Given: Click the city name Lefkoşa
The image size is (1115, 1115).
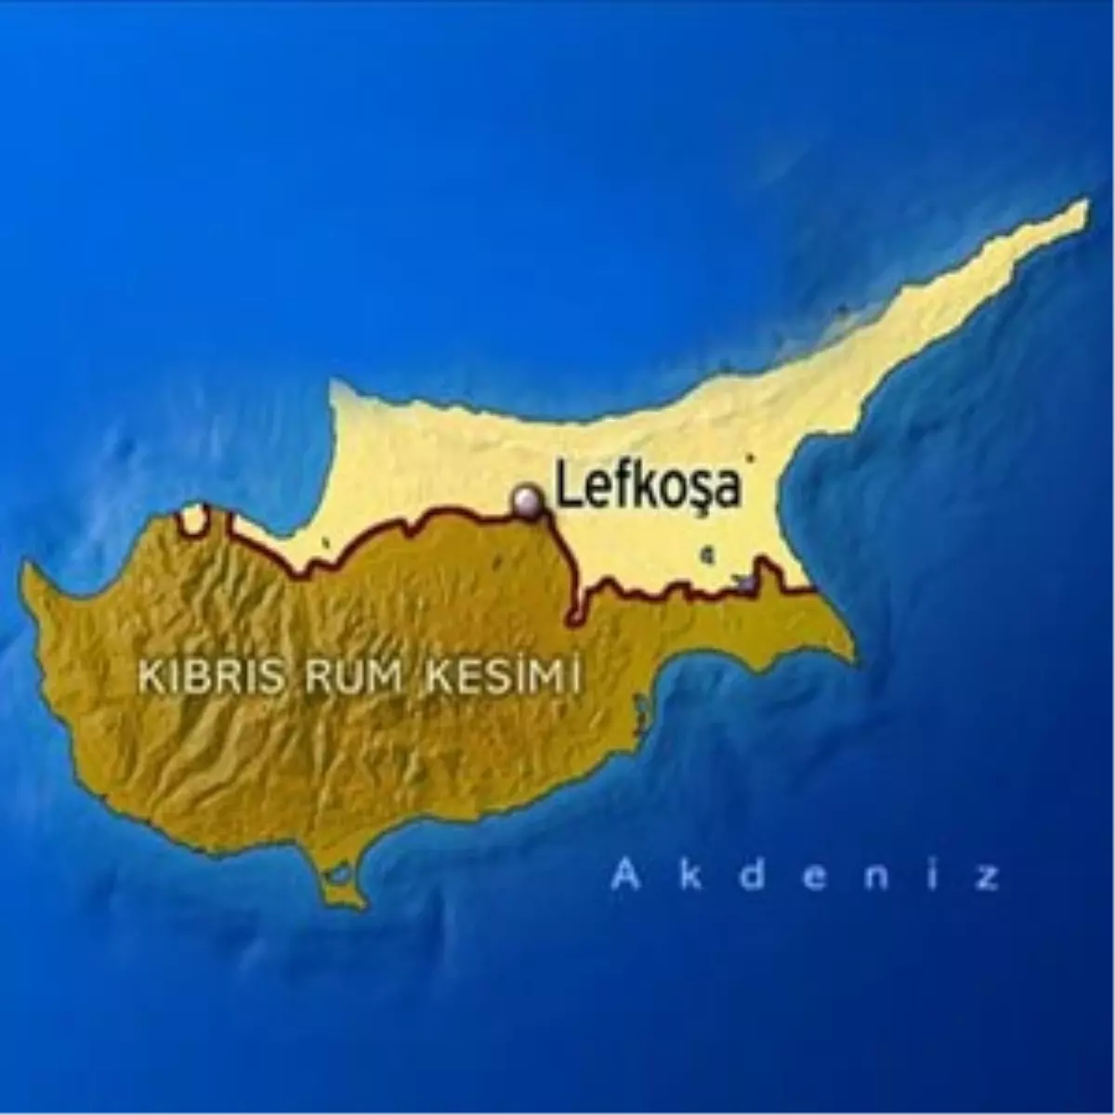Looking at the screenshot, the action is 649,487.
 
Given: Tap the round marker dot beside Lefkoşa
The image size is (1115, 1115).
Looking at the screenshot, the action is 529,500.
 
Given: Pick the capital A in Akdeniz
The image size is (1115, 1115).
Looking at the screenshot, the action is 627,877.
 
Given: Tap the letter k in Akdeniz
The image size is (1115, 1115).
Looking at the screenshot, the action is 690,876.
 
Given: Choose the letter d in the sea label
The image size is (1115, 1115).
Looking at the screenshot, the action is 754,876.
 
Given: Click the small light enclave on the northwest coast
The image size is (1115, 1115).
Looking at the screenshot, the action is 194,519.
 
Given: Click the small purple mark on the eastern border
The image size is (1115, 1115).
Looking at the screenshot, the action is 745,584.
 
